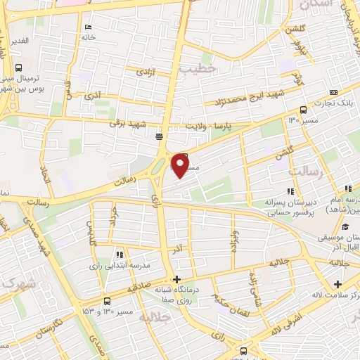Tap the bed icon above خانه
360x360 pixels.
(88, 27)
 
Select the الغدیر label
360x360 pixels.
(19, 40)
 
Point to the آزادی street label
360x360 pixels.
(145, 72)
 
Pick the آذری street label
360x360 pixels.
(91, 93)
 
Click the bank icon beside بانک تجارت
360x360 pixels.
(333, 92)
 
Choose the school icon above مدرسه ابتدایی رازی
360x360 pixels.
(120, 254)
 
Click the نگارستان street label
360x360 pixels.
(67, 324)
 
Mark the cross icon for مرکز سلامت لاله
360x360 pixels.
(338, 284)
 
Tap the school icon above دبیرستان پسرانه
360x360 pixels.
(289, 191)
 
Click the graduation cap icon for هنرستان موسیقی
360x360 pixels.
(345, 226)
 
